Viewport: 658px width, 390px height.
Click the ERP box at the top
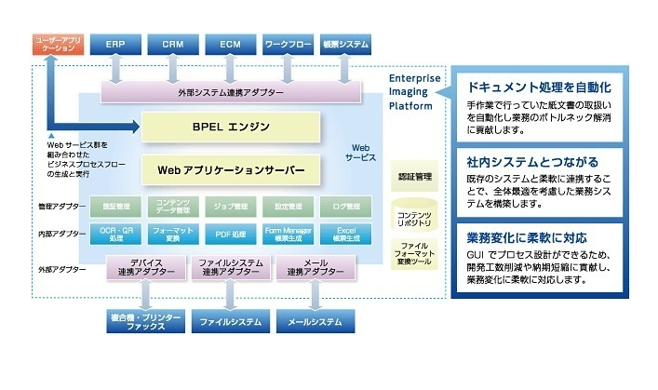pos(114,44)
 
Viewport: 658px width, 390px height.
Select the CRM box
pos(172,44)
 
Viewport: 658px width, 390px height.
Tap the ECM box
pos(230,44)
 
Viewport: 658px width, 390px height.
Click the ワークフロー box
pos(288,44)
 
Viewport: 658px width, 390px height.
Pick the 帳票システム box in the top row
pos(345,44)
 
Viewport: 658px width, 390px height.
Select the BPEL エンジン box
pos(229,126)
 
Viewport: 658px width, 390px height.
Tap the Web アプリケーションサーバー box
pos(229,169)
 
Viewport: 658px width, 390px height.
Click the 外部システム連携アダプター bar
pos(232,91)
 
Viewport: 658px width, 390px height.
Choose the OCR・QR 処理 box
pos(114,233)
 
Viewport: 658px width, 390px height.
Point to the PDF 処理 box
pos(230,233)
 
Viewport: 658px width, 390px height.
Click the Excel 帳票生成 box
pos(345,233)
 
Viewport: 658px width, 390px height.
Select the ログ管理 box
pos(345,206)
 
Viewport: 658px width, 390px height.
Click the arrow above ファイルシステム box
pos(230,296)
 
